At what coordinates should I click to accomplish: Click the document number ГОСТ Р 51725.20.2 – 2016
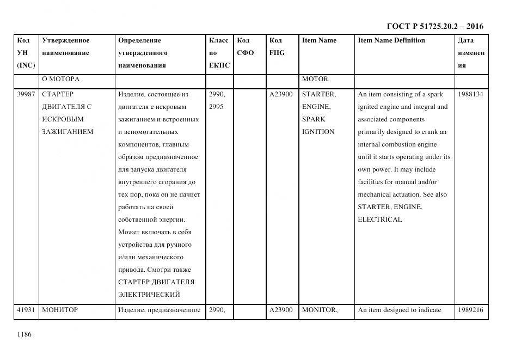434,26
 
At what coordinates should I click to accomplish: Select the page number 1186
24,334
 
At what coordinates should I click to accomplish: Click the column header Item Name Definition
391,40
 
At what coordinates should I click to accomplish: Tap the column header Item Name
319,40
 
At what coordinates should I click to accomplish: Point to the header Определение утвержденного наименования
142,53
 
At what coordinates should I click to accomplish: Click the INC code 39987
26,94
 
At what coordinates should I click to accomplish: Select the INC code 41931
26,310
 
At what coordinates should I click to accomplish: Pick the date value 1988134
470,94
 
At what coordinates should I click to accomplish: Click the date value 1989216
470,310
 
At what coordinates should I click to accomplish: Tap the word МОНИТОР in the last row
60,310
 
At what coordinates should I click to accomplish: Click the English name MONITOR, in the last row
320,310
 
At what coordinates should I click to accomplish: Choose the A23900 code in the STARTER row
281,94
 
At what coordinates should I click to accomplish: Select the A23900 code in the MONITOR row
281,310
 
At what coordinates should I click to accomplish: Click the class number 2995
217,107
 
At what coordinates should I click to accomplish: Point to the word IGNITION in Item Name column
318,132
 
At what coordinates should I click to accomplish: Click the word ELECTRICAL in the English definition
380,219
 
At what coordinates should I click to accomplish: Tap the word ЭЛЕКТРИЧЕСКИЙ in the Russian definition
149,295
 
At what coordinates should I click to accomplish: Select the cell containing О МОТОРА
61,79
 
